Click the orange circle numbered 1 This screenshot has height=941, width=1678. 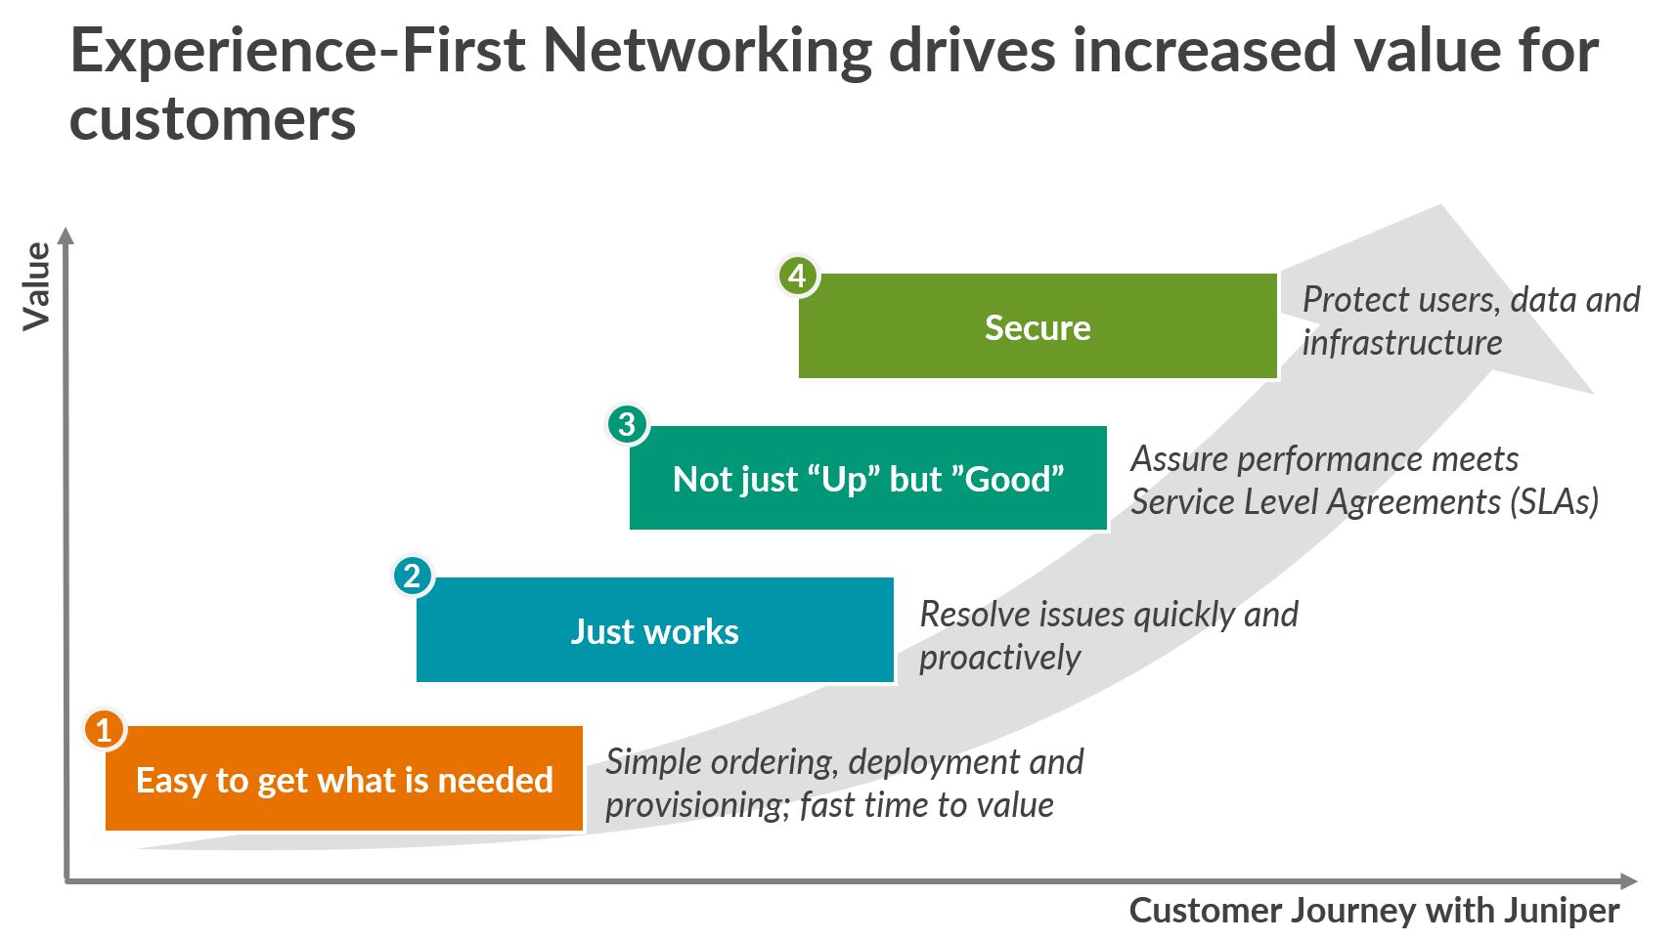click(x=104, y=730)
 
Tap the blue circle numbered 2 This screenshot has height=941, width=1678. click(x=412, y=576)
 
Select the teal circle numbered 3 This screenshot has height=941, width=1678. click(x=627, y=424)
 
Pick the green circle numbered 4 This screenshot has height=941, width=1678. click(x=797, y=276)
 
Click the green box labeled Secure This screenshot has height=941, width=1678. click(x=1038, y=327)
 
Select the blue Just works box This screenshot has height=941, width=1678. click(x=654, y=630)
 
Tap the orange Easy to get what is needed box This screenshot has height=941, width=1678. click(x=344, y=780)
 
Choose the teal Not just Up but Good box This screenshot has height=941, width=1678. click(x=868, y=479)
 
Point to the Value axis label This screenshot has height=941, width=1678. click(x=37, y=286)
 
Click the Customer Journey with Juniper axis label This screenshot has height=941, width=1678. click(x=1374, y=911)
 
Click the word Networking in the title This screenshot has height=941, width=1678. click(x=707, y=51)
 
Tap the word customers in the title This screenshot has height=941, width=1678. click(x=212, y=119)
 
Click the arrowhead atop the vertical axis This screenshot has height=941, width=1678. click(x=66, y=235)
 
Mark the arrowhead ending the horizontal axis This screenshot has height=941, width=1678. click(x=1629, y=881)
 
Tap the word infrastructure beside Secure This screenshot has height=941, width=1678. click(x=1401, y=343)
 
